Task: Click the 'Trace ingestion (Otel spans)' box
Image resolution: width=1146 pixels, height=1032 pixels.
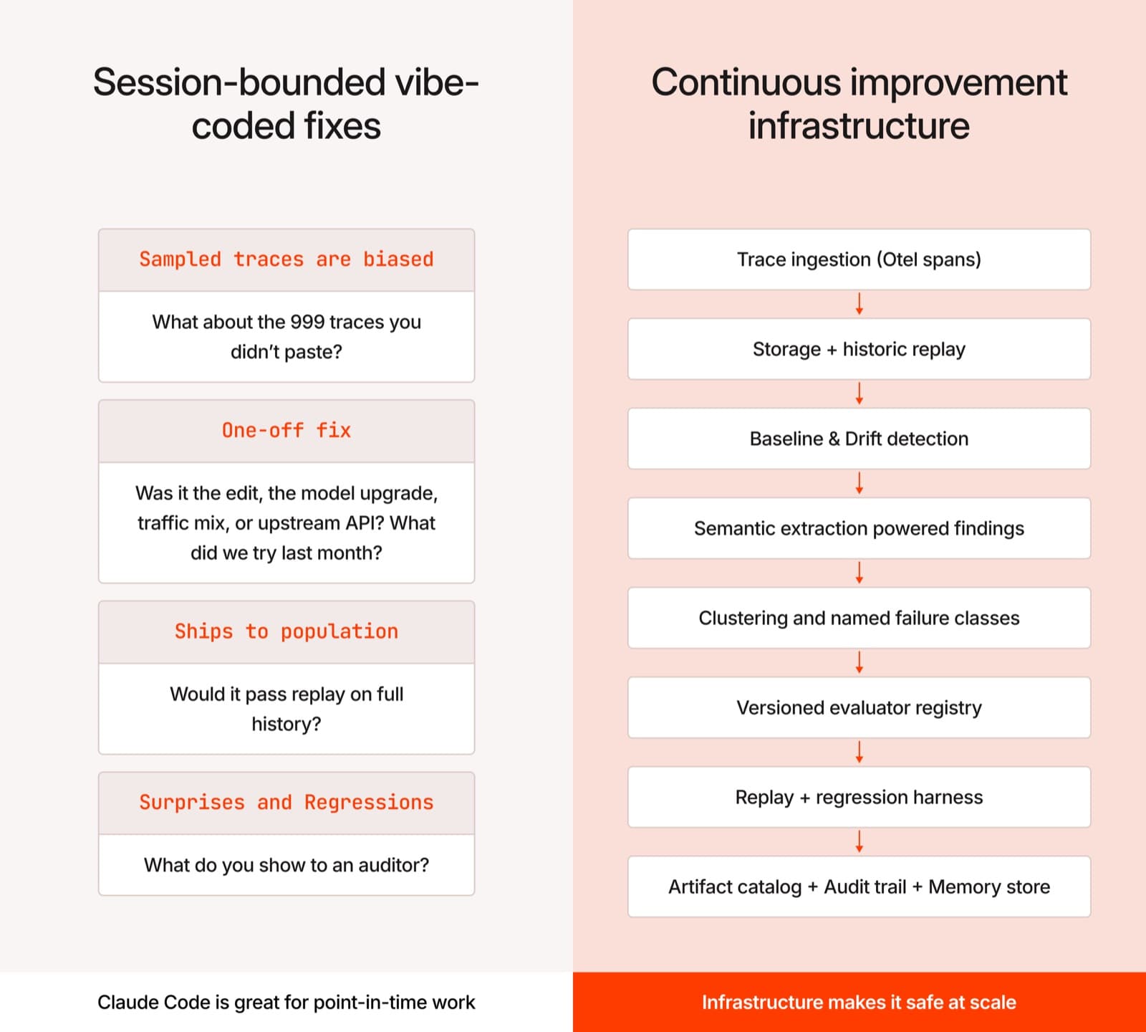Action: (859, 259)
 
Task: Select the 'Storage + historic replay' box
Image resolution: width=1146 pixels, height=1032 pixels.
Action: (859, 349)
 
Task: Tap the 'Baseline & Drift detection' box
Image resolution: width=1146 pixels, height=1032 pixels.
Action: (859, 439)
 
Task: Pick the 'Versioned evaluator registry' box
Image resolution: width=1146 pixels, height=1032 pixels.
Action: (859, 707)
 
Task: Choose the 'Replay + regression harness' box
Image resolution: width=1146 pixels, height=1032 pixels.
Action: (859, 797)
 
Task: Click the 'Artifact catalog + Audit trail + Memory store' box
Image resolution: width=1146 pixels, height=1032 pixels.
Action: (859, 887)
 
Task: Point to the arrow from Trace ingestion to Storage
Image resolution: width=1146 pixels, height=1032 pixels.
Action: (860, 304)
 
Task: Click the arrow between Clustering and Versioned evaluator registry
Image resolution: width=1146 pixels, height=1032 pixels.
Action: (860, 662)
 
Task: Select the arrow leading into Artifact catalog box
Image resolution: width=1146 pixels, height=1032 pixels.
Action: (860, 841)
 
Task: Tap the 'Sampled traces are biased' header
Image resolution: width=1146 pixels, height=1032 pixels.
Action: (286, 259)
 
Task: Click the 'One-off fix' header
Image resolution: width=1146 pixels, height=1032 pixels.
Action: (286, 431)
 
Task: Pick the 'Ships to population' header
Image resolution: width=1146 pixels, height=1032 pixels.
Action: (286, 631)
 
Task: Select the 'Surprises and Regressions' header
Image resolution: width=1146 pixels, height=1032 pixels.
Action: (286, 803)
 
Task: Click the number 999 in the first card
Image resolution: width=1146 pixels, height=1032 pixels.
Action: (307, 322)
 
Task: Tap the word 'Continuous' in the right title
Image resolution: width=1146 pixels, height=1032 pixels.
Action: (745, 82)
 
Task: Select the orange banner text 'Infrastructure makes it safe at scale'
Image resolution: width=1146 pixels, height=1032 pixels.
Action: (859, 1002)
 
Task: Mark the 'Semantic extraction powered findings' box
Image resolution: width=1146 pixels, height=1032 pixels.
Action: (859, 528)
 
